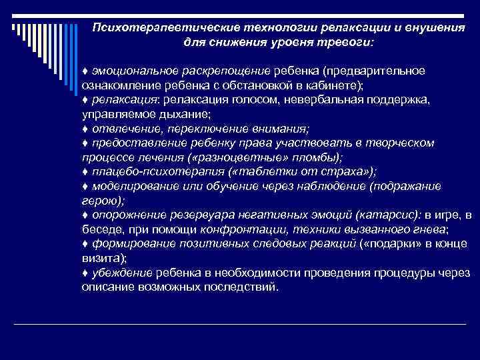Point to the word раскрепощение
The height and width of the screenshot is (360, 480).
point(228,71)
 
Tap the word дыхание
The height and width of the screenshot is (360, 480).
point(179,114)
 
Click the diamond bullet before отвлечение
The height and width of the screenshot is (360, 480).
point(85,129)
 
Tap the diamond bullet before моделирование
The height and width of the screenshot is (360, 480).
point(85,187)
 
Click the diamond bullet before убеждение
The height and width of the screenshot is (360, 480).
point(85,273)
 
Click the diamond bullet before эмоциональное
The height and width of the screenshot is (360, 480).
point(85,71)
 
